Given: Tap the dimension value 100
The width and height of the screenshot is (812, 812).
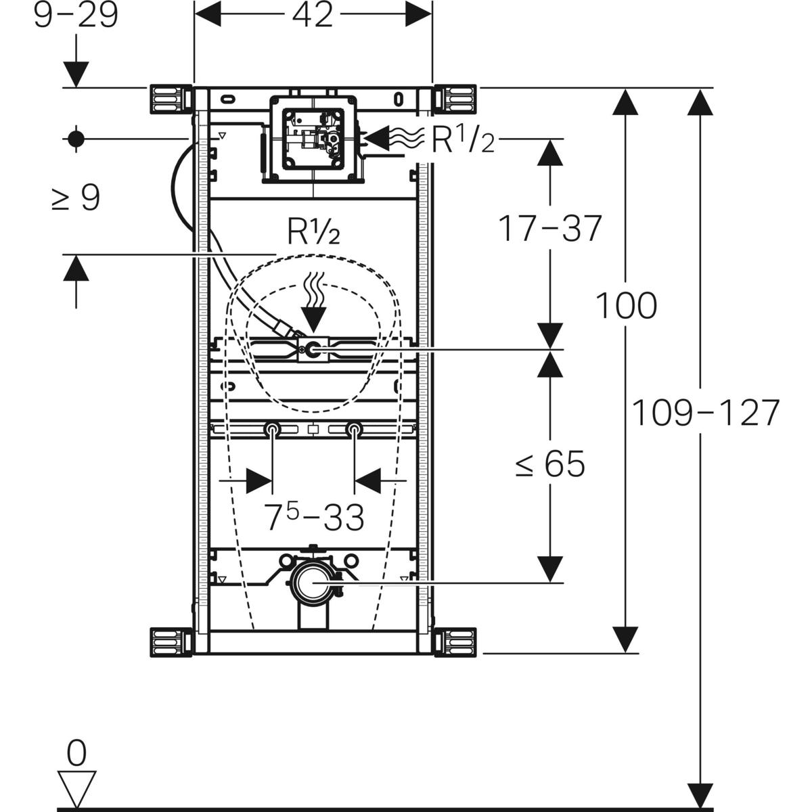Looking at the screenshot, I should [x=626, y=306].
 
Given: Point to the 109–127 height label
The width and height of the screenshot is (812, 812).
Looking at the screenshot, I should [x=706, y=413].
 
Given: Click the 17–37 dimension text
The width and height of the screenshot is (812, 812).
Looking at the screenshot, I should [x=549, y=228].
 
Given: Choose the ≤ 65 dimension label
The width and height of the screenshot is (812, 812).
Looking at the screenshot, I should [x=549, y=465].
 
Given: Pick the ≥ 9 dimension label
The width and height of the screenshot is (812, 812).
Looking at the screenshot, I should [x=76, y=198].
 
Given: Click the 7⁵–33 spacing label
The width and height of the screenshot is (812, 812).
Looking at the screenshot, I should [x=313, y=518].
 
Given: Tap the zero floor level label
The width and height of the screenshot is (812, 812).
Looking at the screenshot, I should [x=77, y=752].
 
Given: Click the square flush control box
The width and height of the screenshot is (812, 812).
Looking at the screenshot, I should [x=313, y=138].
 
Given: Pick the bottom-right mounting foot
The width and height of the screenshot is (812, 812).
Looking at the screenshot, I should [x=456, y=641].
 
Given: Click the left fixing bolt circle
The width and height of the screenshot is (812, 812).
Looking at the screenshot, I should [x=272, y=428].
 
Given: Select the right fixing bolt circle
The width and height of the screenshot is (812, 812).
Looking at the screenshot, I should [x=354, y=428].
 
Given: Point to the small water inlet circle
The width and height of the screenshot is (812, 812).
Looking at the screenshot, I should [x=313, y=350].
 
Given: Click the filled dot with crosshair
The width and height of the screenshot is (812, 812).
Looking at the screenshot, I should [x=75, y=139].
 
